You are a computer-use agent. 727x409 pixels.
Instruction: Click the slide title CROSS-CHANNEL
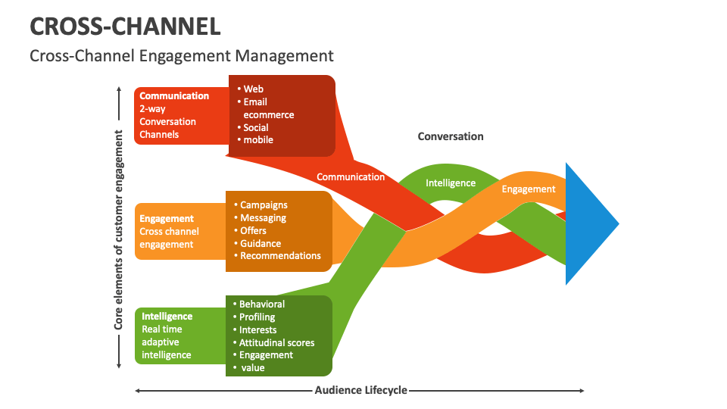tap(126, 27)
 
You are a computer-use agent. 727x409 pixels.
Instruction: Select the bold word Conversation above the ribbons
tap(451, 136)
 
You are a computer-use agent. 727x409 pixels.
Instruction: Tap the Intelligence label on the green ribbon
tap(451, 183)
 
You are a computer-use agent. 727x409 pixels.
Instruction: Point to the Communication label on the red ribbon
tap(351, 176)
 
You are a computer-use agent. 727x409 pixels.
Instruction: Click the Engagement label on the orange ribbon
tap(529, 189)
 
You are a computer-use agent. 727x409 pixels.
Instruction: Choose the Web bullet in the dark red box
tap(253, 89)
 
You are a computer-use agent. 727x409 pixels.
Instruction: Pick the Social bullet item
tap(255, 127)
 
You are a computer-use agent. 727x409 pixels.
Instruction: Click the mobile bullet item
tap(257, 139)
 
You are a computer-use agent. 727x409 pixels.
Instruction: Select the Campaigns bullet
tap(263, 204)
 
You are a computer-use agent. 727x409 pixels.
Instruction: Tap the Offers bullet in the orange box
tap(253, 230)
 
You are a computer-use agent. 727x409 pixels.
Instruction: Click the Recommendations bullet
tap(280, 255)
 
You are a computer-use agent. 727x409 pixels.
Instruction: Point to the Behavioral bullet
tap(261, 304)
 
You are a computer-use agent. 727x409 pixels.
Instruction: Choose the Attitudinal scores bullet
tap(276, 342)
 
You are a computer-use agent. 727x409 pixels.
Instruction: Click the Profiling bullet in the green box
tap(257, 317)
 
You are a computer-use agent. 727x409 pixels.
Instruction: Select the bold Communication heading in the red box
tap(174, 96)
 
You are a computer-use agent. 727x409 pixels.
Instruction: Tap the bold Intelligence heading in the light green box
tap(167, 316)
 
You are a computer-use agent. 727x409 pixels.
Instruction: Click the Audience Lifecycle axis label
tap(360, 390)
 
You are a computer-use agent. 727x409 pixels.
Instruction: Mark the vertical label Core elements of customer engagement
tap(119, 229)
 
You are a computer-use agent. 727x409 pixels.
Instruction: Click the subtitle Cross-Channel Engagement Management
tap(182, 55)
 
